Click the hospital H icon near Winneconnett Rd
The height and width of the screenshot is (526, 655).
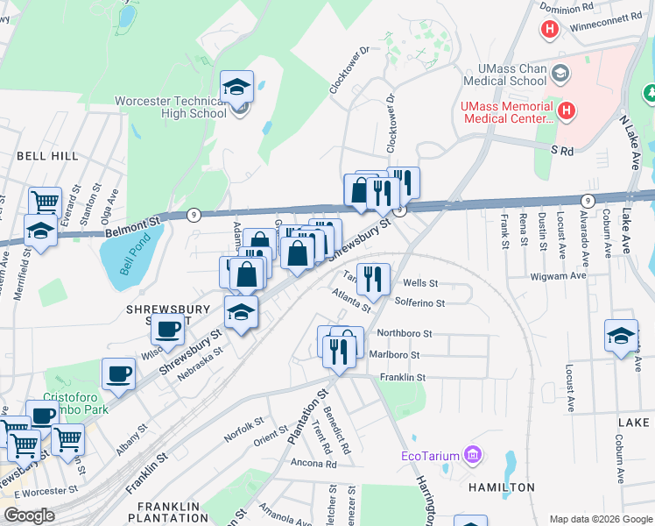click(550, 30)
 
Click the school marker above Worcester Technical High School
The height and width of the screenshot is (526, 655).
click(236, 87)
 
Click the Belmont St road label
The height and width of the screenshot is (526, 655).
click(134, 225)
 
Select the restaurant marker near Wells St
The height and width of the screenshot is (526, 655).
click(373, 280)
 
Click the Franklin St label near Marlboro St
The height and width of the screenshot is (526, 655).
click(401, 378)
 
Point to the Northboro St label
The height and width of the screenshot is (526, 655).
click(405, 334)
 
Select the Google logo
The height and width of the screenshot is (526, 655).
click(29, 515)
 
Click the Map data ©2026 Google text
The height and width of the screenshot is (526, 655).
click(600, 519)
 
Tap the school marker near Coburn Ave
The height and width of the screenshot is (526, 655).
click(621, 337)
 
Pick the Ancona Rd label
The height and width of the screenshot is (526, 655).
click(313, 464)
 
